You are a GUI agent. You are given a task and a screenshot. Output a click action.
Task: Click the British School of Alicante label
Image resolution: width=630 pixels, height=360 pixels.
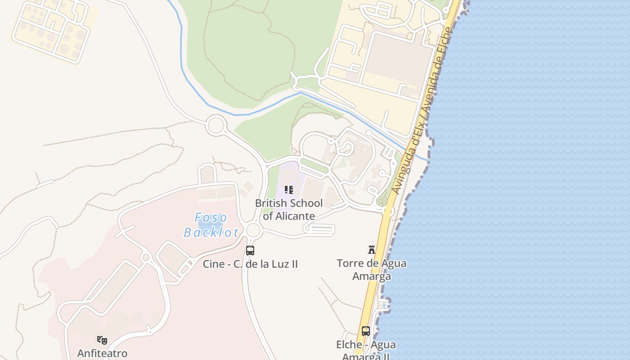[x=288, y=209]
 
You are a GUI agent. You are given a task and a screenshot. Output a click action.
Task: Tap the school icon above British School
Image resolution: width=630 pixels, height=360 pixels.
[x=288, y=190]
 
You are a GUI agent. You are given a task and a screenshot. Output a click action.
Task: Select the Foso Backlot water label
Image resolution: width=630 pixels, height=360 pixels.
[x=211, y=225]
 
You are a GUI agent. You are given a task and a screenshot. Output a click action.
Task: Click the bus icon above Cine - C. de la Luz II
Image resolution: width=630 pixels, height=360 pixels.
[x=250, y=251]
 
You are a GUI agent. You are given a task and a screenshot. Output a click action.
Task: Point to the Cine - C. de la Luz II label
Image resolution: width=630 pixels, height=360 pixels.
[x=250, y=264]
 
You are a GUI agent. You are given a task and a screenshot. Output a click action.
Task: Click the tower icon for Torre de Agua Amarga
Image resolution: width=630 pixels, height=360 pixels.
[x=372, y=249]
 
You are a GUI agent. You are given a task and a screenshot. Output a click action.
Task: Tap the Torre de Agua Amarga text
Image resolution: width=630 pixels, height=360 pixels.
[x=372, y=269]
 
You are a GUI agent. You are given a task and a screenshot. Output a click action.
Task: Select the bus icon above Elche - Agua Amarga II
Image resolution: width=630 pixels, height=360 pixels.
[x=366, y=331]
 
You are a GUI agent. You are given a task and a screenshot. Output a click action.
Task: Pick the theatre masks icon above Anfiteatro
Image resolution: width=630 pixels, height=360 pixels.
[x=102, y=340]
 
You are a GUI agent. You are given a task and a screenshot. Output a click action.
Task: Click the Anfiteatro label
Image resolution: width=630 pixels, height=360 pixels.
[x=102, y=353]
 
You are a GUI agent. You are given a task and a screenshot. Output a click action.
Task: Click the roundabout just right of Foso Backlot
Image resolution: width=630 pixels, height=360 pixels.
[x=253, y=230]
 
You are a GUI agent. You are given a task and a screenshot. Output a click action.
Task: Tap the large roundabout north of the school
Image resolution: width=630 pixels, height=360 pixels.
[x=216, y=125]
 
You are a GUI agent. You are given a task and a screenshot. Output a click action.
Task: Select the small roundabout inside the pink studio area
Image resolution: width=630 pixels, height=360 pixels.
[x=145, y=257]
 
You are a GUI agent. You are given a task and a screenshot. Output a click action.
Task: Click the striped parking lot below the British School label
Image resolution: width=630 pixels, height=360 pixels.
[x=320, y=230]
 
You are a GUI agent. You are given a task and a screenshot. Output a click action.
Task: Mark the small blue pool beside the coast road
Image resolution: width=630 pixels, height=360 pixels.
[x=382, y=306]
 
